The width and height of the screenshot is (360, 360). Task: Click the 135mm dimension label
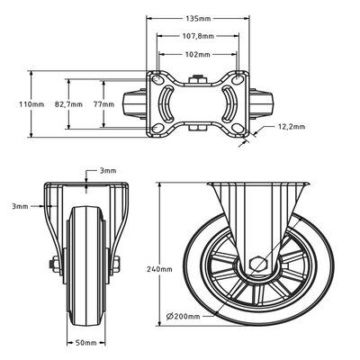pos(198,19)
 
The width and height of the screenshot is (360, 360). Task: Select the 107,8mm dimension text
pos(198,36)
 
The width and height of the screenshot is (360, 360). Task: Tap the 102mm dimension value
pos(198,55)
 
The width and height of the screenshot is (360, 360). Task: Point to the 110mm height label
pos(31,104)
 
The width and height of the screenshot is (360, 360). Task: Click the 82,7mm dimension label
pos(68,104)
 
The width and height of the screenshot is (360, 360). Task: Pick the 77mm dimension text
pos(103,104)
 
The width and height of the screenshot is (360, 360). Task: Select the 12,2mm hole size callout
pos(292,127)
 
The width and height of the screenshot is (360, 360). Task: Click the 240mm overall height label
pos(159,269)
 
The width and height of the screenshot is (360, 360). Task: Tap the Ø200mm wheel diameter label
pos(183,316)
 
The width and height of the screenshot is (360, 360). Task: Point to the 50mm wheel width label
pos(85,343)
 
